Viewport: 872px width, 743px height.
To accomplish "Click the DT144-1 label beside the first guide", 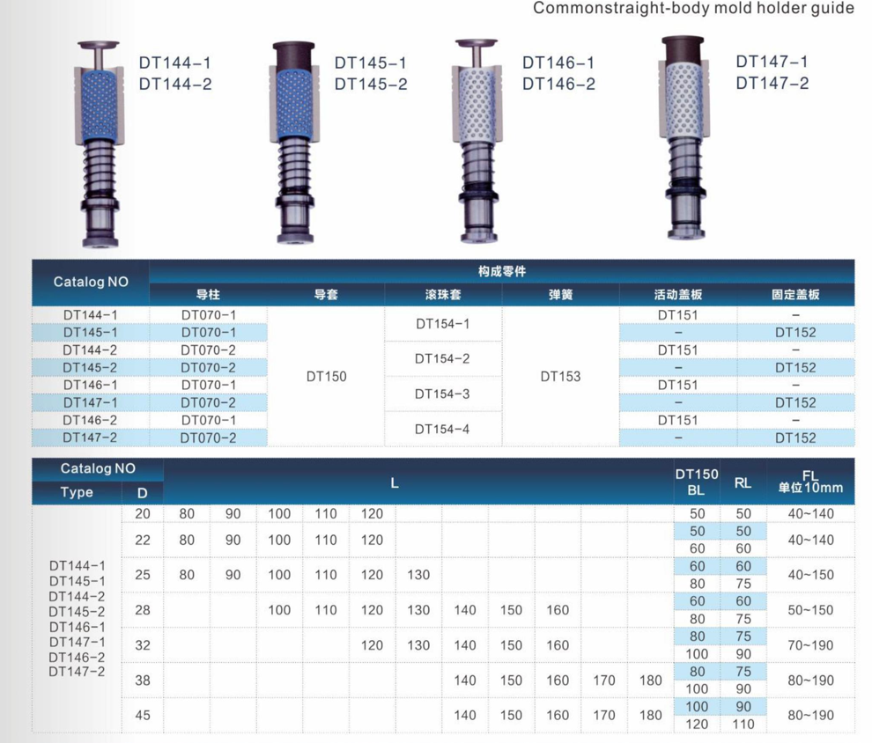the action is pos(175,63).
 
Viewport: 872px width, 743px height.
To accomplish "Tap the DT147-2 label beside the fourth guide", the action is pos(772,84).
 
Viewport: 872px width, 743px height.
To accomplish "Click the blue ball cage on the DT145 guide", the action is pos(294,104).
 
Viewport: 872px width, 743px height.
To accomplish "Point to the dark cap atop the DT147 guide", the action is pos(683,48).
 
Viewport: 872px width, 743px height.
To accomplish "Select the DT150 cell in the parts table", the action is pos(327,376).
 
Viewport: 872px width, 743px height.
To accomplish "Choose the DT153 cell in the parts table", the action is pos(560,376).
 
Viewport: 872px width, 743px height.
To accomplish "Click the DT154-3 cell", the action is pos(442,394).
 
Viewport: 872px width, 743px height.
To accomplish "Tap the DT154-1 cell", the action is pos(443,324).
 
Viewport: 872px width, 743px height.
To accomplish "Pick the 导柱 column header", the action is pos(208,295).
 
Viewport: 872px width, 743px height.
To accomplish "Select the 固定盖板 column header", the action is pos(796,295).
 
